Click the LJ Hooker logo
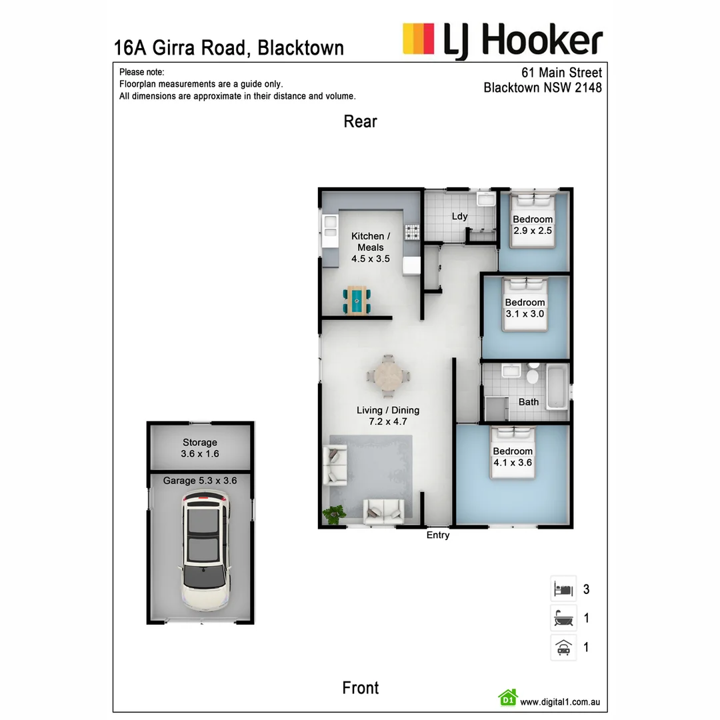[503, 40]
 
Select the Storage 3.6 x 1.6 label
[199, 448]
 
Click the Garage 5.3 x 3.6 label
[200, 480]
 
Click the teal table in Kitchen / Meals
[357, 300]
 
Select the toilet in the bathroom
[532, 376]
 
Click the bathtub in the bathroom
[556, 386]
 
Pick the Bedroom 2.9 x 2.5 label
[533, 225]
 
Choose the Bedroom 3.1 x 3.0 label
[525, 308]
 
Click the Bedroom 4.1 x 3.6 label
[513, 457]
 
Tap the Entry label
[438, 535]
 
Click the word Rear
[360, 121]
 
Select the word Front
[360, 688]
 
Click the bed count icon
[563, 589]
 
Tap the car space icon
[563, 647]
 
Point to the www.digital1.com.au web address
[561, 701]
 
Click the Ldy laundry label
[459, 216]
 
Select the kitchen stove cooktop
[413, 233]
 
